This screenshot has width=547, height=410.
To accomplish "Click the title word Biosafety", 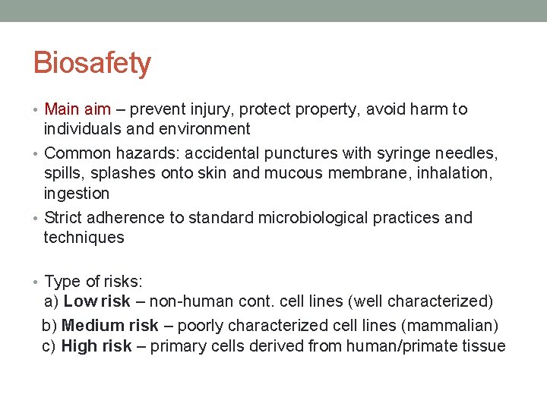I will (x=92, y=63).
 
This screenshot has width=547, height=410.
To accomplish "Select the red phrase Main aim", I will (x=77, y=109).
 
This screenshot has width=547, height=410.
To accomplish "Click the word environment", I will (x=204, y=129).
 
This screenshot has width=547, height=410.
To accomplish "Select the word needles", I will (x=463, y=153).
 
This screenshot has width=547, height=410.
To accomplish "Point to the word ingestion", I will (x=77, y=193).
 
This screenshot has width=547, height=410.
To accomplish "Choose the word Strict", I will (x=62, y=218).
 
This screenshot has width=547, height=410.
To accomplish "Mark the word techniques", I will (x=84, y=238).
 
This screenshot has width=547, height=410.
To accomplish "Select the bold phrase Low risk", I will (x=97, y=302).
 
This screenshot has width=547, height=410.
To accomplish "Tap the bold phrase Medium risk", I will (x=110, y=326).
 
